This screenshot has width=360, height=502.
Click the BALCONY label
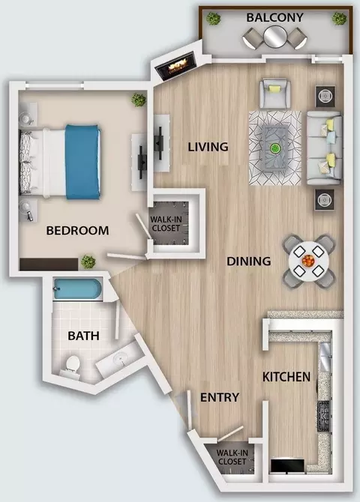pyautogui.click(x=274, y=17)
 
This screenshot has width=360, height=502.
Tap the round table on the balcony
pyautogui.click(x=274, y=37)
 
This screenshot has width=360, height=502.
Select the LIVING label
pyautogui.click(x=208, y=147)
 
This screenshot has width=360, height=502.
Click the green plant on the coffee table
pyautogui.click(x=274, y=148)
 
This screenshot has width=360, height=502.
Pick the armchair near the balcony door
pyautogui.click(x=274, y=93)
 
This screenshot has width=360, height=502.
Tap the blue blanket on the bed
pyautogui.click(x=83, y=162)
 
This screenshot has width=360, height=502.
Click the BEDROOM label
pyautogui.click(x=77, y=231)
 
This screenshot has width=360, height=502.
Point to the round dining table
pyautogui.click(x=309, y=261)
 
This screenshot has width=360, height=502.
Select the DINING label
pyautogui.click(x=249, y=261)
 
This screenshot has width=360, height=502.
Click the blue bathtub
pyautogui.click(x=78, y=289)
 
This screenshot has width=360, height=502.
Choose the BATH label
pyautogui.click(x=83, y=336)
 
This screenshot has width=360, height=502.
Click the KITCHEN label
pyautogui.click(x=286, y=377)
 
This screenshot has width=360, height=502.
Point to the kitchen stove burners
pyautogui.click(x=323, y=416)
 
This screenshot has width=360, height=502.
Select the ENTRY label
pyautogui.click(x=220, y=397)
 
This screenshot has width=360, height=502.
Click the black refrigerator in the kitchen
pyautogui.click(x=287, y=466)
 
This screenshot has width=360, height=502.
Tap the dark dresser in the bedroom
pyautogui.click(x=49, y=264)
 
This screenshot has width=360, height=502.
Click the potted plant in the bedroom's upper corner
pyautogui.click(x=139, y=100)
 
